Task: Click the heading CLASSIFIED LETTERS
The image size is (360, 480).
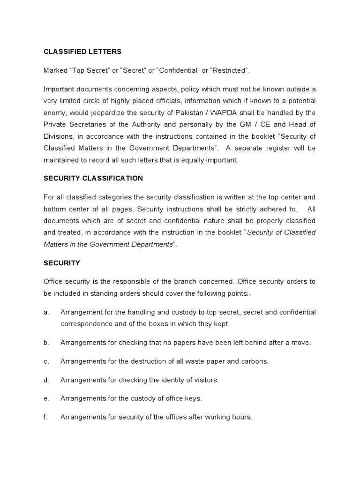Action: (82, 51)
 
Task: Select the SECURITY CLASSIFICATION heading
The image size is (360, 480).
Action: (93, 179)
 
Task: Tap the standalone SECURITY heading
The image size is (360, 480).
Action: (62, 263)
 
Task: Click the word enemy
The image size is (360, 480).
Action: (54, 112)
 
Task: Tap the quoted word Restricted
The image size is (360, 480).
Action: (229, 70)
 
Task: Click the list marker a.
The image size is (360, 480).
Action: (46, 312)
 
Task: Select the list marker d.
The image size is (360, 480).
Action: (46, 380)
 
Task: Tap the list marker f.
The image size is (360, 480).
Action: (45, 417)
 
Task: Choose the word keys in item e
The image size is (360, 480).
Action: (193, 398)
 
